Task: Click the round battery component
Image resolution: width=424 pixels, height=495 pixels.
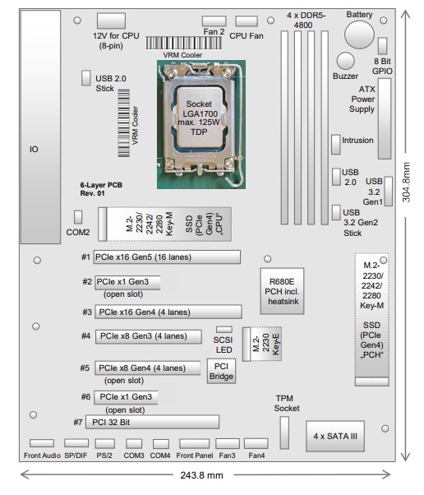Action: (359, 35)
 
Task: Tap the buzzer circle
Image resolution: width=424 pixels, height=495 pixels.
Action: (345, 61)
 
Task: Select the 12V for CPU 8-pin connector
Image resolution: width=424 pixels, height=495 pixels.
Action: (111, 21)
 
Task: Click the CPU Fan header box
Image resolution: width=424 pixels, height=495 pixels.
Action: (247, 21)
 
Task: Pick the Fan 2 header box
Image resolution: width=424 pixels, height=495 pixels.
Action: (214, 21)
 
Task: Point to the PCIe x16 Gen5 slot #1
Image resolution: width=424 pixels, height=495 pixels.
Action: (167, 257)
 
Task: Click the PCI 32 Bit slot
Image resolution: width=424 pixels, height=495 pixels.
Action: (152, 422)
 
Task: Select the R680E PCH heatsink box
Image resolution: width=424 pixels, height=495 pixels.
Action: (282, 291)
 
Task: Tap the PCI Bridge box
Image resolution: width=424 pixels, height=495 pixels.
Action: (221, 372)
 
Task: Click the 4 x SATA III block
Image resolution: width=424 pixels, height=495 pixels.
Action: (335, 437)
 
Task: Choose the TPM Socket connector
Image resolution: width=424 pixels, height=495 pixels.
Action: (284, 433)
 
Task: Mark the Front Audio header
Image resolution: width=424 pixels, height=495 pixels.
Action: (42, 443)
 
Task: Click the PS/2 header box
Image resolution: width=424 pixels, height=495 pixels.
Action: (104, 443)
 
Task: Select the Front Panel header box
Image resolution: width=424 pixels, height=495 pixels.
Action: (194, 443)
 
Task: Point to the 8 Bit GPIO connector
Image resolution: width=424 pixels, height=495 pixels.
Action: (382, 46)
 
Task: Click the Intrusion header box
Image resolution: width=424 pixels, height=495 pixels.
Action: (335, 144)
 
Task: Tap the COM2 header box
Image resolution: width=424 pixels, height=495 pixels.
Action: (78, 217)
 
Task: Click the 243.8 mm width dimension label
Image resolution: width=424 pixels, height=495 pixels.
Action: (201, 475)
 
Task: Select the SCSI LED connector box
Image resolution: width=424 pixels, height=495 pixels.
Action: (224, 330)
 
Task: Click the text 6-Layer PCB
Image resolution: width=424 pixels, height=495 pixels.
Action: (101, 185)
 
